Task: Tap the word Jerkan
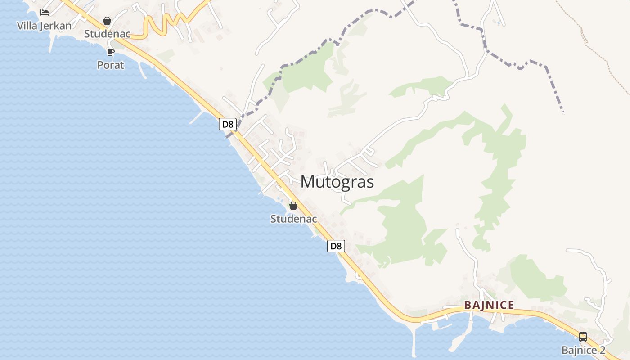click(x=55, y=26)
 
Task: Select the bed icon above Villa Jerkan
click(x=44, y=13)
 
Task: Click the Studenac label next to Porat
click(x=107, y=34)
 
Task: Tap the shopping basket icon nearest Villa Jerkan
click(x=107, y=21)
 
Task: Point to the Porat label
click(x=111, y=65)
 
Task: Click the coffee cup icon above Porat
click(x=111, y=52)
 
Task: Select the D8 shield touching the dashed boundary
click(x=228, y=124)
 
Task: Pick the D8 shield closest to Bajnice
click(x=336, y=246)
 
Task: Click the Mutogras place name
click(x=337, y=182)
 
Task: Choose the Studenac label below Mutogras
click(x=293, y=219)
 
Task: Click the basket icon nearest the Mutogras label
click(x=293, y=206)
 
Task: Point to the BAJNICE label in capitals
click(x=489, y=305)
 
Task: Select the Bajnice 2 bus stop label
click(x=583, y=351)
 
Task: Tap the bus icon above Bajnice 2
click(x=583, y=337)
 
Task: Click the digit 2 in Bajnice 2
click(x=602, y=351)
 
